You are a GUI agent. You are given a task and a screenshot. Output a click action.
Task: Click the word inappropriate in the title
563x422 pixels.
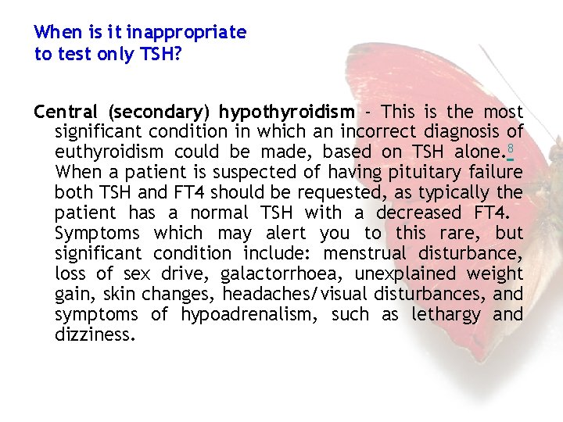(187, 33)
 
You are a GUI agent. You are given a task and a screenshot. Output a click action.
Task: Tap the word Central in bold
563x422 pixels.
(66, 111)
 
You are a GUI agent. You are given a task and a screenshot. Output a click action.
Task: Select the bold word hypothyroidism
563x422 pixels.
(286, 111)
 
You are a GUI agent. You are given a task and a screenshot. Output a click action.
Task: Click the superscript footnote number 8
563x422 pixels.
(509, 148)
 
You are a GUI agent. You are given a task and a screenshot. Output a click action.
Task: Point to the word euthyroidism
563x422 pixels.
(109, 152)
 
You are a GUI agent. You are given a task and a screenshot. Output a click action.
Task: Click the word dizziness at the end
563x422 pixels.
(95, 334)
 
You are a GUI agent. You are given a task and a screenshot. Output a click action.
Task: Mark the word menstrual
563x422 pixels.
(365, 253)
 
